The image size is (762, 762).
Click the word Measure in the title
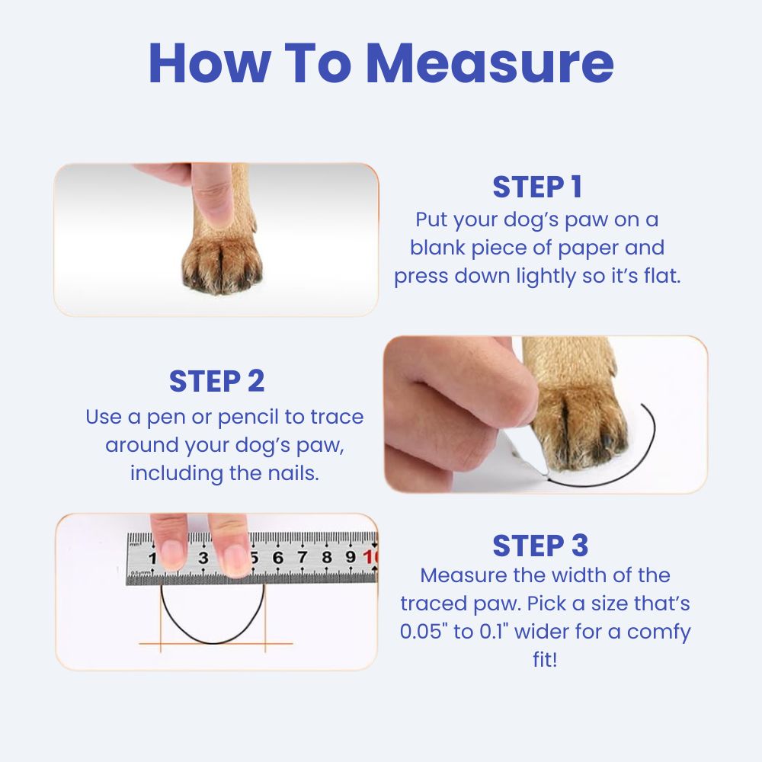(490, 64)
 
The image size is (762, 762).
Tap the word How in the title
(210, 64)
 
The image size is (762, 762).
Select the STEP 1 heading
(537, 187)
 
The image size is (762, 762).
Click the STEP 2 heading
(216, 381)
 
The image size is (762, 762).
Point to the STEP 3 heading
(540, 546)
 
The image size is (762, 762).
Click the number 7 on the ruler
(303, 557)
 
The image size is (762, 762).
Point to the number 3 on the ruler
(203, 558)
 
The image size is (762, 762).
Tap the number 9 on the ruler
(351, 557)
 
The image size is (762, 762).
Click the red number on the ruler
(370, 557)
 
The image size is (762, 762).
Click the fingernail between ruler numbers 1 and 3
(172, 554)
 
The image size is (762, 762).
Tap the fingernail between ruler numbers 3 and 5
(234, 559)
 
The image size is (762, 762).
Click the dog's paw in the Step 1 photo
(222, 262)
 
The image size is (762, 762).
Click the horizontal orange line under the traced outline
(216, 644)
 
